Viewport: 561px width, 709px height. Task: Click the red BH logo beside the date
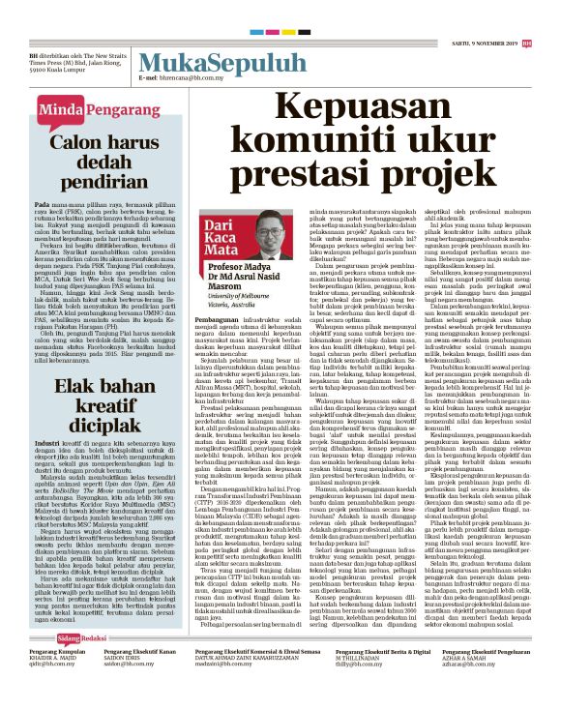[x=526, y=42]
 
